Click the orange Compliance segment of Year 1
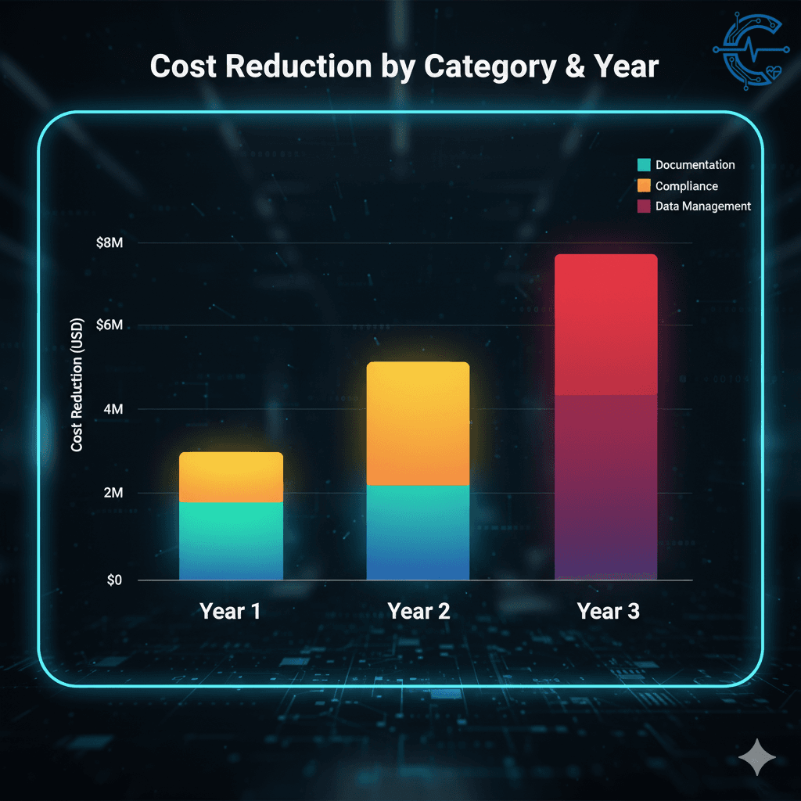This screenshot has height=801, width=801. pos(231,477)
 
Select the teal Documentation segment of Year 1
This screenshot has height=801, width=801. pos(231,540)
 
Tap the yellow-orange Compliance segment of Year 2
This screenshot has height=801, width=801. pos(418,423)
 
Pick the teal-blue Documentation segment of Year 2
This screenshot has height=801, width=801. pos(418,532)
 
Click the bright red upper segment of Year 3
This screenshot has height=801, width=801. pos(605,324)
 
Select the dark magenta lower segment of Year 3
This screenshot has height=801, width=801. pos(605,485)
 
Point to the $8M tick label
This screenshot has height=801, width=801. pos(109,243)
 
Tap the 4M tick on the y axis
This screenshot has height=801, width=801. pos(113,409)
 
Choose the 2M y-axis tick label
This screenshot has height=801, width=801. pos(113,493)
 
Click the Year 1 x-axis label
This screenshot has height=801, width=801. pos(230,611)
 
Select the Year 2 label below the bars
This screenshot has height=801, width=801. pos(418,611)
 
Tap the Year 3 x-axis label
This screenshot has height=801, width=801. pos(608,611)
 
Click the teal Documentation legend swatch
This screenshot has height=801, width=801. pos(644,165)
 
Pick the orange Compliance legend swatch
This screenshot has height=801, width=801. pos(644,186)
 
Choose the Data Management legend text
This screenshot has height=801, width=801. pos(702,207)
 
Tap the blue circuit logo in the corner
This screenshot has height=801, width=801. pos(749,49)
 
